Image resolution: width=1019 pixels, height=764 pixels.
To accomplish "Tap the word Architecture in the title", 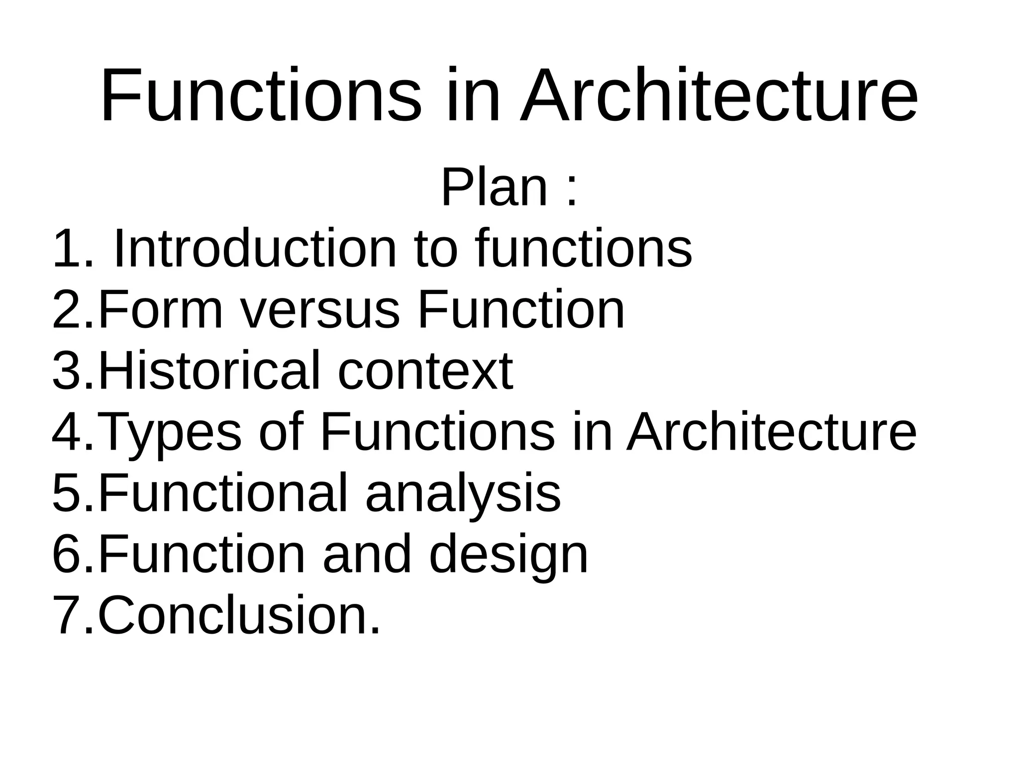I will pyautogui.click(x=718, y=95).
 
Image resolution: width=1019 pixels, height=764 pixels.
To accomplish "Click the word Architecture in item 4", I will pyautogui.click(x=771, y=432).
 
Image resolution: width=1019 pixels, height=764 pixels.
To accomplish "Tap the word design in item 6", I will pyautogui.click(x=508, y=555).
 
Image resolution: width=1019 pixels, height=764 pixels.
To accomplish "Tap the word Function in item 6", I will pyautogui.click(x=201, y=554).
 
